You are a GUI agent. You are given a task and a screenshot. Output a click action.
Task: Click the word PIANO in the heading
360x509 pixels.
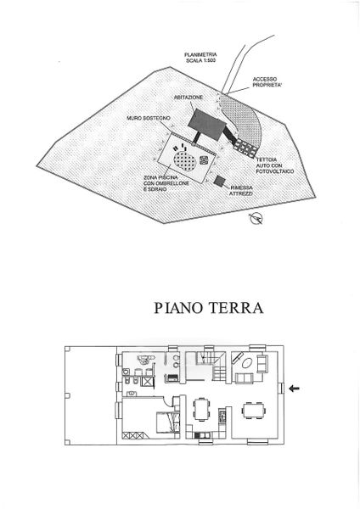(x=178, y=308)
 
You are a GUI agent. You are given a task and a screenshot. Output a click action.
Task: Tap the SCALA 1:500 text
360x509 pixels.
(x=200, y=60)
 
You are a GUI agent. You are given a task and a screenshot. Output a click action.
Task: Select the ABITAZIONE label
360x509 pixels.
(x=188, y=97)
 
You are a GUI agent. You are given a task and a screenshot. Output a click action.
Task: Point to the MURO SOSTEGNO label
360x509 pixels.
(x=148, y=119)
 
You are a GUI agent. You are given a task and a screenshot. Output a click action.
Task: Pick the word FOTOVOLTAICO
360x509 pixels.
(x=275, y=171)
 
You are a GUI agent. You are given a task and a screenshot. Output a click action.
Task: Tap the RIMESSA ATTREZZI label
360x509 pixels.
(x=241, y=191)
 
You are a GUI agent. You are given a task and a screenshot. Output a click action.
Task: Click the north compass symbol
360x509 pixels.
(x=256, y=218)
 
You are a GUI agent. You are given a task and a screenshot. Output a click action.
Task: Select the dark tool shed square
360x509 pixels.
(x=219, y=181)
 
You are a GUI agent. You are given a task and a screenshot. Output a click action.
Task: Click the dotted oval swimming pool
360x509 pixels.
(x=184, y=159)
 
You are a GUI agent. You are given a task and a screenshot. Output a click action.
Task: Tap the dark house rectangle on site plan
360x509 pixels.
(x=205, y=125)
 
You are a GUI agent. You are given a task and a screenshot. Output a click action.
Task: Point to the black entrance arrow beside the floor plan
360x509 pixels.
(x=295, y=388)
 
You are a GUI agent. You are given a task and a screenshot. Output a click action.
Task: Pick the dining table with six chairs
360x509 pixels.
(x=253, y=410)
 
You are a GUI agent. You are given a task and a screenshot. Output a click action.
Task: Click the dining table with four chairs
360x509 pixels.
(x=202, y=409)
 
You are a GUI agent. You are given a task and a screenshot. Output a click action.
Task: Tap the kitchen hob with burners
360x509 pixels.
(x=222, y=417)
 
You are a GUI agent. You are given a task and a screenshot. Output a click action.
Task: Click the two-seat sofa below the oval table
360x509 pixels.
(x=244, y=378)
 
